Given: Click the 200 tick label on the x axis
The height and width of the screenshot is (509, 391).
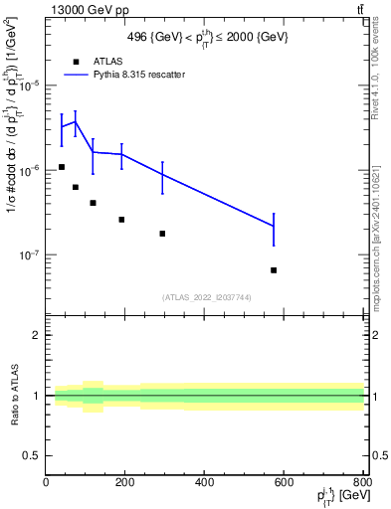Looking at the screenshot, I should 125,482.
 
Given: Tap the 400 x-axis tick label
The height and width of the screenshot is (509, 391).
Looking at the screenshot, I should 205,482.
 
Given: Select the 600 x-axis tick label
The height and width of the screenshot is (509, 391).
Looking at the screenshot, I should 285,482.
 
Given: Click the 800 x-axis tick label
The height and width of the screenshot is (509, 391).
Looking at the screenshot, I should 360,482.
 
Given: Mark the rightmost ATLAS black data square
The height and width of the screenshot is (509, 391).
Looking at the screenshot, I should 274,269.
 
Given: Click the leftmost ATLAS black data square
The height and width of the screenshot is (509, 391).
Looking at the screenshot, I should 62,167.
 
